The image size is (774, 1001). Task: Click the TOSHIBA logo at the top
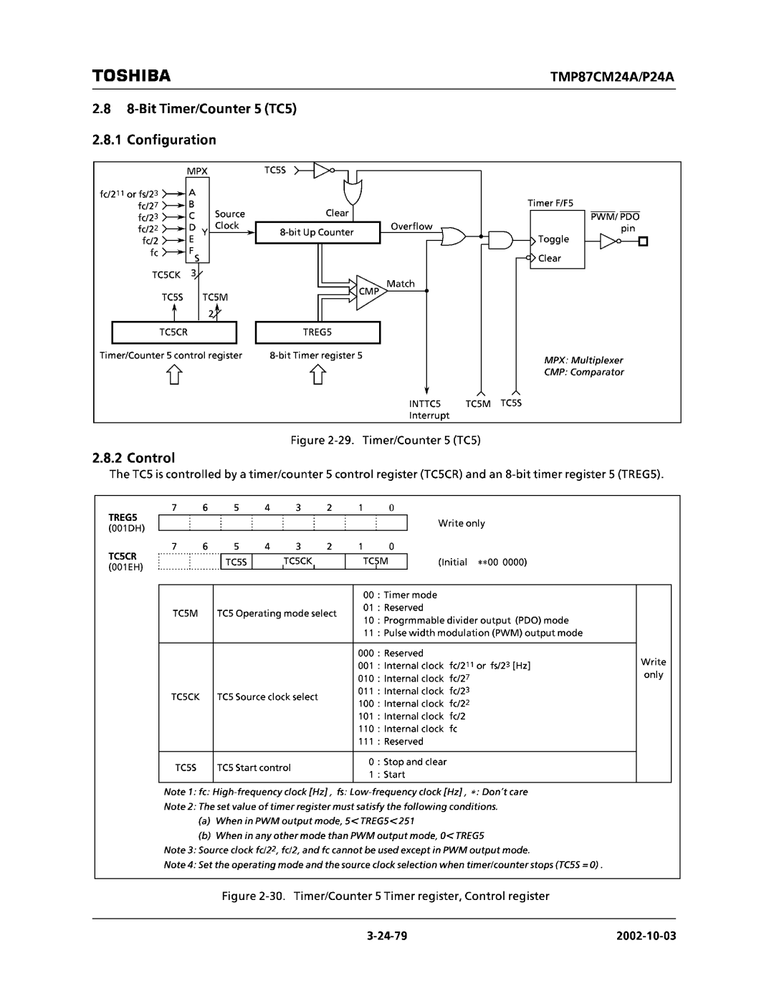tap(131, 75)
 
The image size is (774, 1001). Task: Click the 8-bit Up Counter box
tap(317, 233)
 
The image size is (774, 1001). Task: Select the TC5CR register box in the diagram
tap(173, 332)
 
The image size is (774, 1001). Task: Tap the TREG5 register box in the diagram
tap(317, 332)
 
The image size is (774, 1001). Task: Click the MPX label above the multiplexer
tap(197, 172)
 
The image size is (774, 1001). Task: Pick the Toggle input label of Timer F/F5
tap(553, 239)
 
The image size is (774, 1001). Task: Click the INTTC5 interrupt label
tap(426, 404)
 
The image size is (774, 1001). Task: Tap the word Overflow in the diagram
tap(411, 226)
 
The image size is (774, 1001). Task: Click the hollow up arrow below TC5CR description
tap(174, 375)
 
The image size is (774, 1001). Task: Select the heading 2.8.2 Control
tap(134, 457)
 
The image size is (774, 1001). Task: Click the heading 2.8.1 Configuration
tap(154, 140)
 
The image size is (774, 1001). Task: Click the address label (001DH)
tap(126, 528)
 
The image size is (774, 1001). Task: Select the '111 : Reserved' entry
tap(391, 742)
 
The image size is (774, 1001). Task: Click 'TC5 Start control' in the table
tap(254, 767)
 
